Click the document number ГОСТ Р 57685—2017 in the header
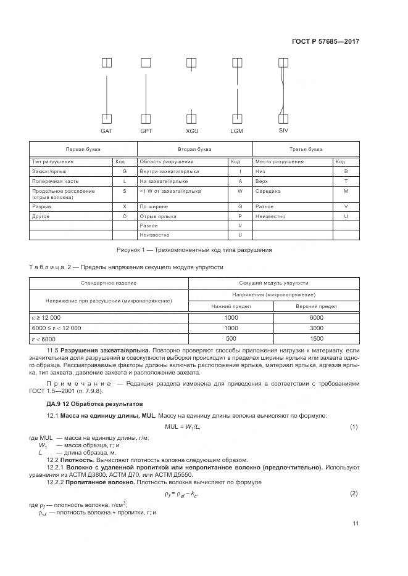(x=325, y=41)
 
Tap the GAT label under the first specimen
(x=106, y=131)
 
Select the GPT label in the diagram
(x=146, y=131)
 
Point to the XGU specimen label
(x=193, y=131)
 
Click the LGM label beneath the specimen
(x=236, y=131)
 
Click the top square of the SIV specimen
(x=283, y=62)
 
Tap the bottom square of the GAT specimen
(x=106, y=119)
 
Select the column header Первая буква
(x=83, y=150)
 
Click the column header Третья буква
(x=306, y=150)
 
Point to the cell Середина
(x=268, y=191)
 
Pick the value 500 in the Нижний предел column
(x=231, y=339)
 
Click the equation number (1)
(x=354, y=426)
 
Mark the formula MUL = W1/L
(x=183, y=426)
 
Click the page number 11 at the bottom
(x=355, y=523)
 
